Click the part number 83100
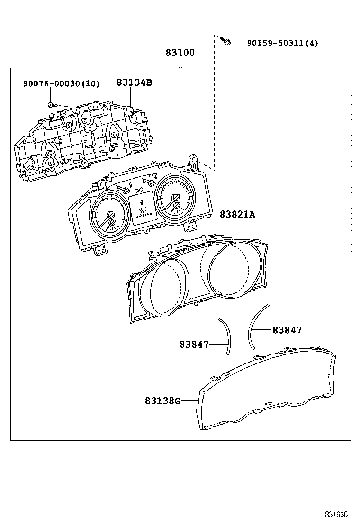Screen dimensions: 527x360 (x=180, y=53)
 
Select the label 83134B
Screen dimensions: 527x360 (x=134, y=82)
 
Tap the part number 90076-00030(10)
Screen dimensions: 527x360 (x=61, y=84)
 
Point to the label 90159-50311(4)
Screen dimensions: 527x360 (x=282, y=44)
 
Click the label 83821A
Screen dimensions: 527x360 (x=237, y=215)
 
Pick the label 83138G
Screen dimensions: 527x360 (x=163, y=401)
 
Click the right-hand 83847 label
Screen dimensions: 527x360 (x=287, y=330)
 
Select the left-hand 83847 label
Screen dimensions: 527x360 (x=194, y=345)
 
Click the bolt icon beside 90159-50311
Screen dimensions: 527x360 (x=227, y=42)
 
